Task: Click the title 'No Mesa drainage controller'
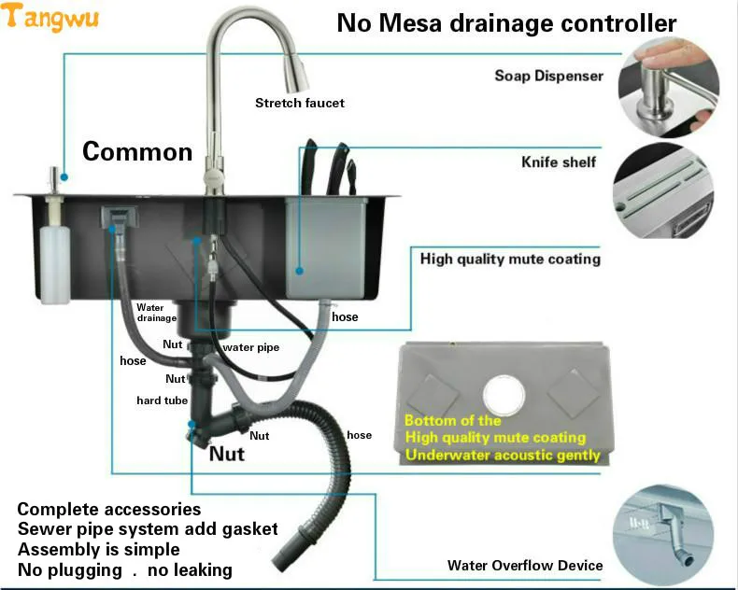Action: pos(506,22)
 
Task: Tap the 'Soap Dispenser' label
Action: pos(548,76)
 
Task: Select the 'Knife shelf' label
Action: pos(559,162)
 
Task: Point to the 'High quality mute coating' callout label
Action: pos(510,259)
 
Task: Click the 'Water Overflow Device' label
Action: pos(525,565)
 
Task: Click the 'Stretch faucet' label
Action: pos(300,103)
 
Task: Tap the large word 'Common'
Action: pos(137,151)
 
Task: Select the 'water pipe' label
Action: pos(250,347)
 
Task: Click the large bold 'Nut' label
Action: pos(226,454)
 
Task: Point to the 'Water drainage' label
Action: pos(156,312)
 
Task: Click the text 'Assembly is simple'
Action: pos(98,549)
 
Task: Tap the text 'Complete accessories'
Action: pos(109,509)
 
